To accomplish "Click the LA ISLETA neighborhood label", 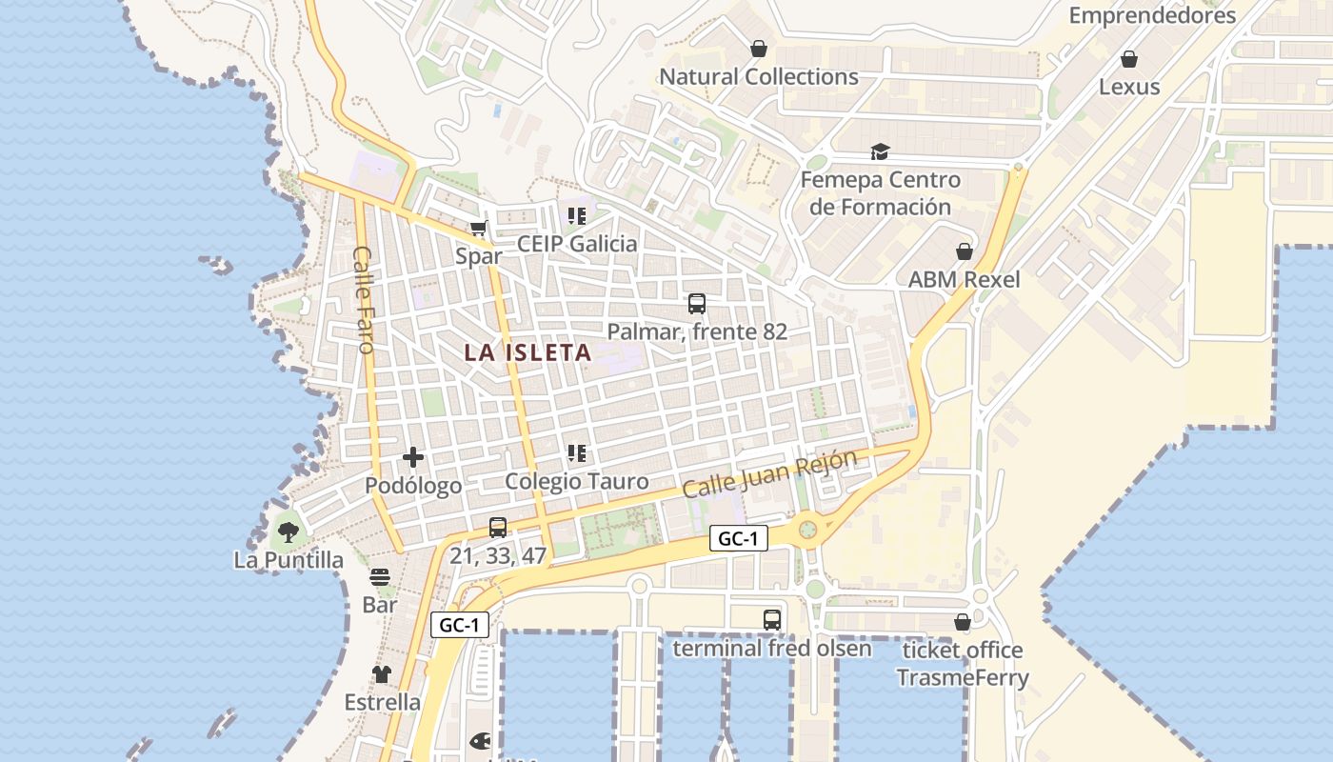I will [527, 352].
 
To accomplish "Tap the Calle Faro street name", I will [364, 299].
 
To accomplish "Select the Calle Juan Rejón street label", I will [769, 473].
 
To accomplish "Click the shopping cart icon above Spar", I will [479, 229].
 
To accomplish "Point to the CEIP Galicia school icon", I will [577, 216].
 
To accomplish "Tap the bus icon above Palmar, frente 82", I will [697, 304].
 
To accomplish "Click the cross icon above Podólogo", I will [413, 457].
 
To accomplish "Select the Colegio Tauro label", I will [576, 481].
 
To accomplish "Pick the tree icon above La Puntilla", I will [288, 531].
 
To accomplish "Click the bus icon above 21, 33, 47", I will [497, 527].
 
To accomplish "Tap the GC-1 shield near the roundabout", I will [739, 539].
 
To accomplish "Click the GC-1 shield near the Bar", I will [461, 626].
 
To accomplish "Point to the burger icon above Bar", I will [380, 577].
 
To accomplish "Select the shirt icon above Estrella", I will [382, 674].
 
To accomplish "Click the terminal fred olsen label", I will [772, 649].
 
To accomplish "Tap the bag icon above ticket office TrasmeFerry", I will [963, 622].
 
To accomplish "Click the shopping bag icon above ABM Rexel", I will [965, 251].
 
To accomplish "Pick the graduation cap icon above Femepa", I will [880, 152].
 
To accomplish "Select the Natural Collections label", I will [759, 76].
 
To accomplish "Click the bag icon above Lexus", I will [1129, 59].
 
